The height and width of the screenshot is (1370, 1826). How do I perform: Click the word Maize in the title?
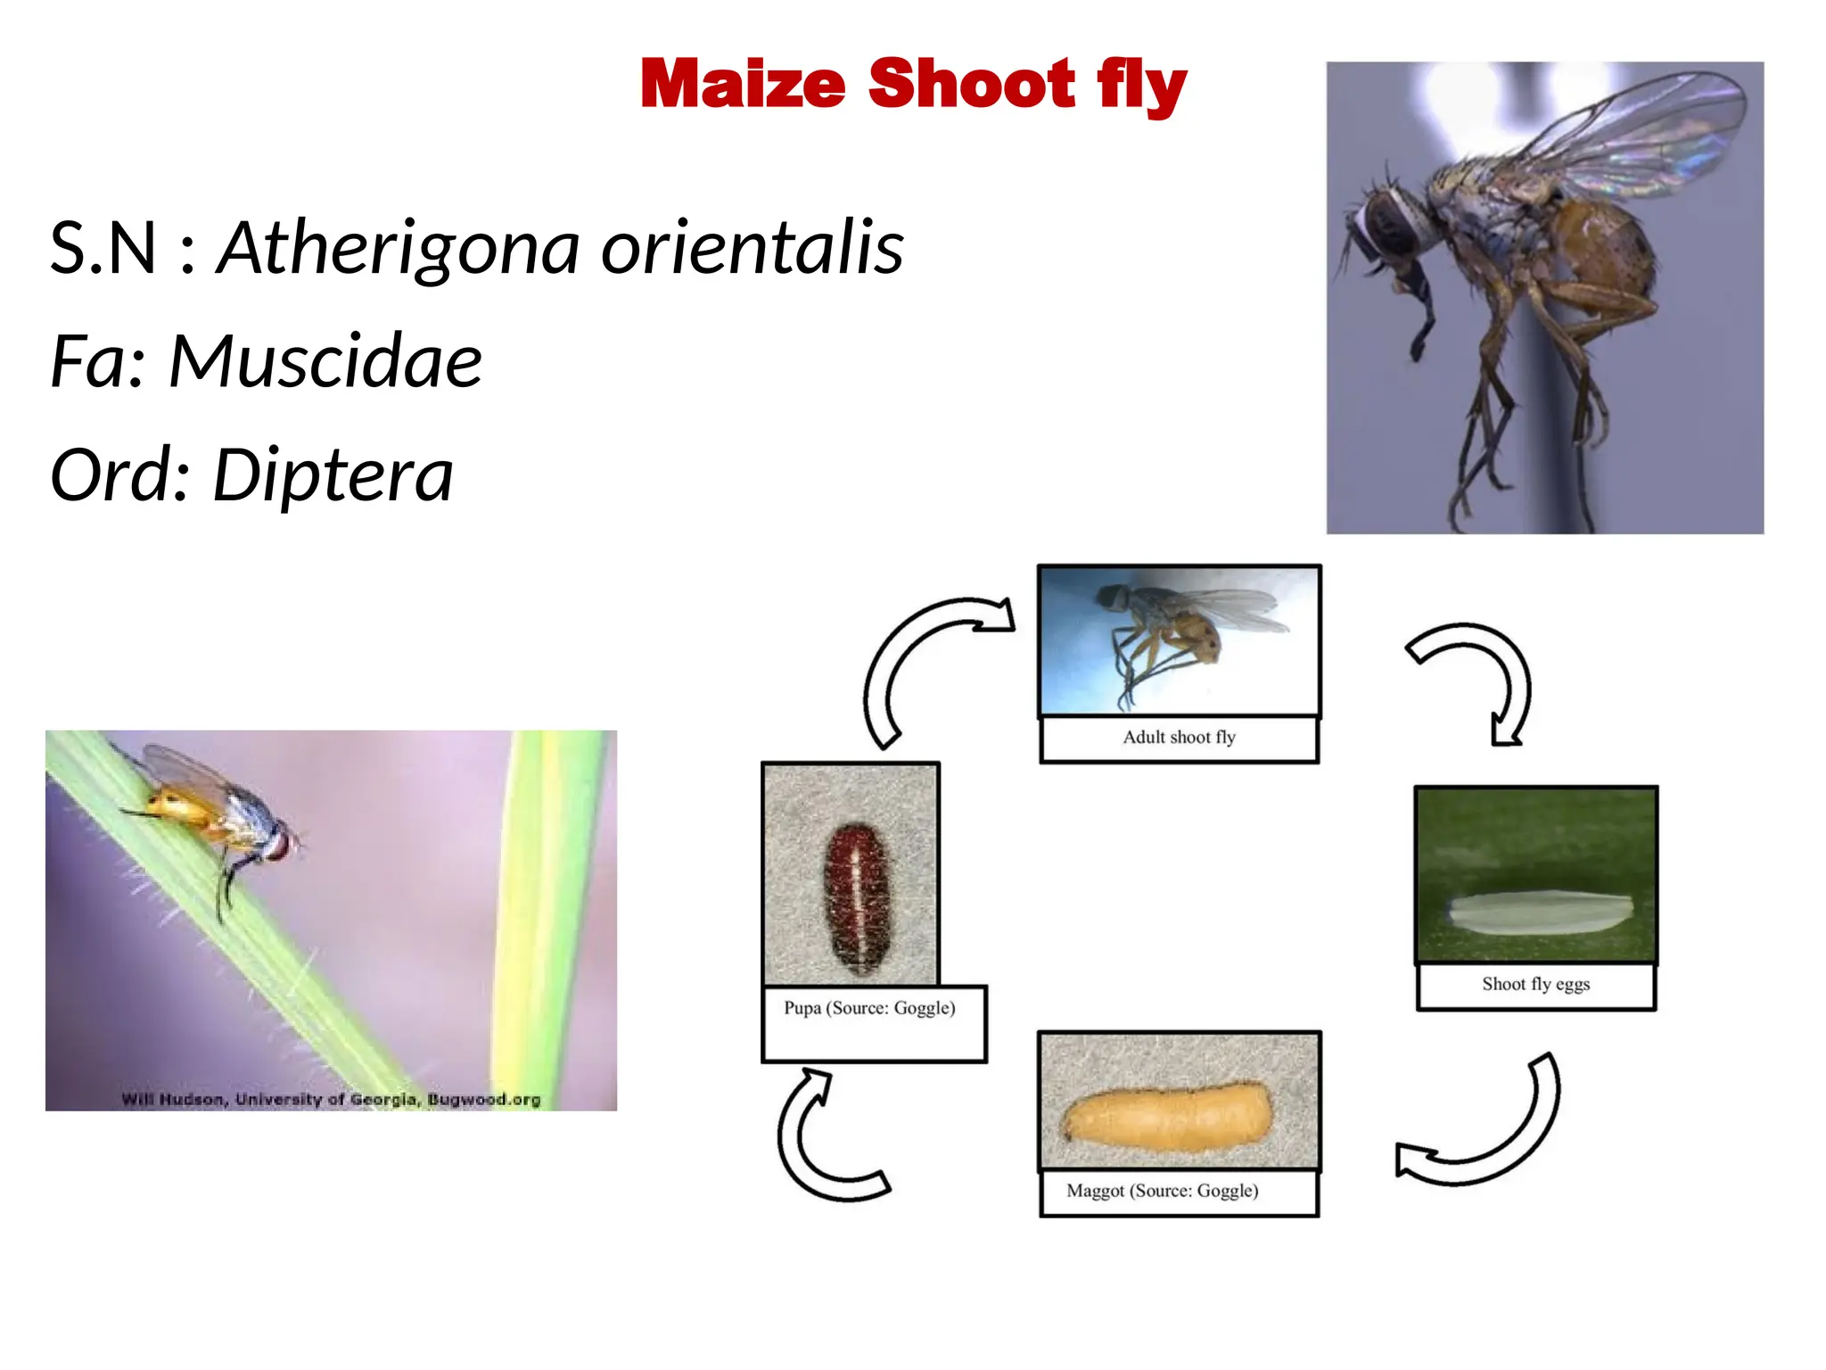coord(742,84)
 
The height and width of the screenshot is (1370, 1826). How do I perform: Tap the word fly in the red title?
coord(1141,86)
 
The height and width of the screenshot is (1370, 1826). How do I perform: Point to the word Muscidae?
coord(325,361)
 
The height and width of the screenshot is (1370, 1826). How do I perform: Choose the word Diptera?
coord(333,475)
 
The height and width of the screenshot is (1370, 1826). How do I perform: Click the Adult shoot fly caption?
coord(1179,738)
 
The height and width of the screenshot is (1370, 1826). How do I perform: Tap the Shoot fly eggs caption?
coord(1535,985)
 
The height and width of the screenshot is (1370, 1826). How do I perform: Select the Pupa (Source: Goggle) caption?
coord(869,1008)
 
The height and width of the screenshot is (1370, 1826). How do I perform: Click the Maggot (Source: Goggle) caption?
coord(1162,1191)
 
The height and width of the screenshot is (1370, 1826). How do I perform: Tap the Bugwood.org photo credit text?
coord(331,1099)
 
